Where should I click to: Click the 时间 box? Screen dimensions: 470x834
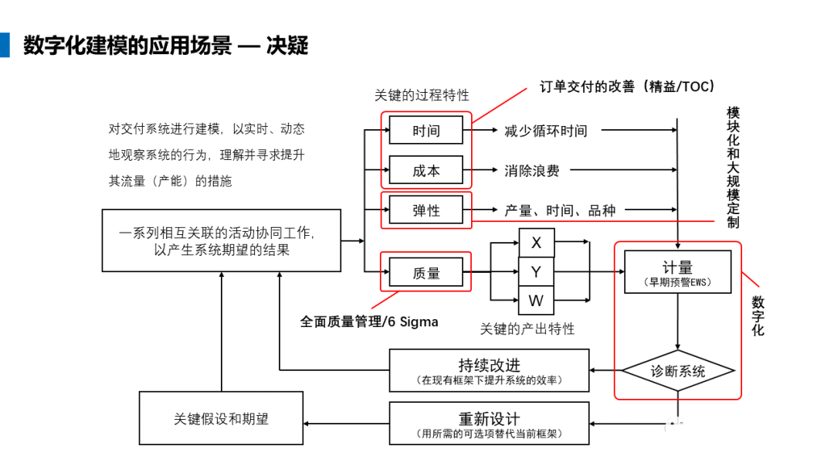[425, 131]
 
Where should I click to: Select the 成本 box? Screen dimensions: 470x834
[425, 171]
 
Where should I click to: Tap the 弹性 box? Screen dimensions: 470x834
[425, 209]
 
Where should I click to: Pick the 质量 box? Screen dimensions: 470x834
[425, 271]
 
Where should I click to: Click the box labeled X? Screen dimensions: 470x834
[536, 244]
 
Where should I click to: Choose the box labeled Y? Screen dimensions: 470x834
[536, 272]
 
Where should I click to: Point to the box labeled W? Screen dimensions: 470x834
[536, 300]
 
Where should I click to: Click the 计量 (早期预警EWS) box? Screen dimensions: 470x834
[677, 272]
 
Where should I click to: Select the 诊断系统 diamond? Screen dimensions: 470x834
[677, 370]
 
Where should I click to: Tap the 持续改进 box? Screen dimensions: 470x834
[489, 370]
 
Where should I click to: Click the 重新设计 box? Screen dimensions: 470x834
[489, 424]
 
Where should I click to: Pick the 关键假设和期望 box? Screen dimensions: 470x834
[221, 419]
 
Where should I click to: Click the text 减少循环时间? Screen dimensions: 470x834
[545, 131]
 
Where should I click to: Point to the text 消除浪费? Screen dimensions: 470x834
[531, 171]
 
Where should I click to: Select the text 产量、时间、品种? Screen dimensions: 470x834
[560, 209]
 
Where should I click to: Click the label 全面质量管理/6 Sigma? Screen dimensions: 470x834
[369, 322]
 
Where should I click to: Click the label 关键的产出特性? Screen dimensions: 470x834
[527, 329]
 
